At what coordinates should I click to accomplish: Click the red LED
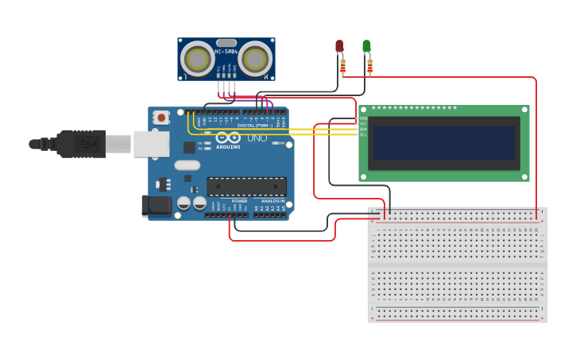tap(339, 46)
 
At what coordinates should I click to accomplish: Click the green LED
tap(366, 46)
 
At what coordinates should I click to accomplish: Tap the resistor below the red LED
tap(342, 65)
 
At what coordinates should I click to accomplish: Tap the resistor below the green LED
tap(369, 65)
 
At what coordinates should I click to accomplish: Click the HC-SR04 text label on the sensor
tap(226, 52)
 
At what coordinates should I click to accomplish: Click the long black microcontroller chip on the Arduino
tap(246, 186)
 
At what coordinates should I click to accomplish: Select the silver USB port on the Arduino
tap(151, 144)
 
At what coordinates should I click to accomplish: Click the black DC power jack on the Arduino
tap(156, 206)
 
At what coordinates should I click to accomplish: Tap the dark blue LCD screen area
tap(443, 143)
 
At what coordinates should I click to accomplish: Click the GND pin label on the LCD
tap(363, 118)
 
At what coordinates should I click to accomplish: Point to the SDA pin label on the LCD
tap(363, 130)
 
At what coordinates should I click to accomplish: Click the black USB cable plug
tap(79, 144)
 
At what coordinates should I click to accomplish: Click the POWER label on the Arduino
tap(239, 201)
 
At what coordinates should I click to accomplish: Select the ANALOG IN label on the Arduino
tap(273, 201)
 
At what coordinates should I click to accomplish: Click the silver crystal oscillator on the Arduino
tap(187, 165)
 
